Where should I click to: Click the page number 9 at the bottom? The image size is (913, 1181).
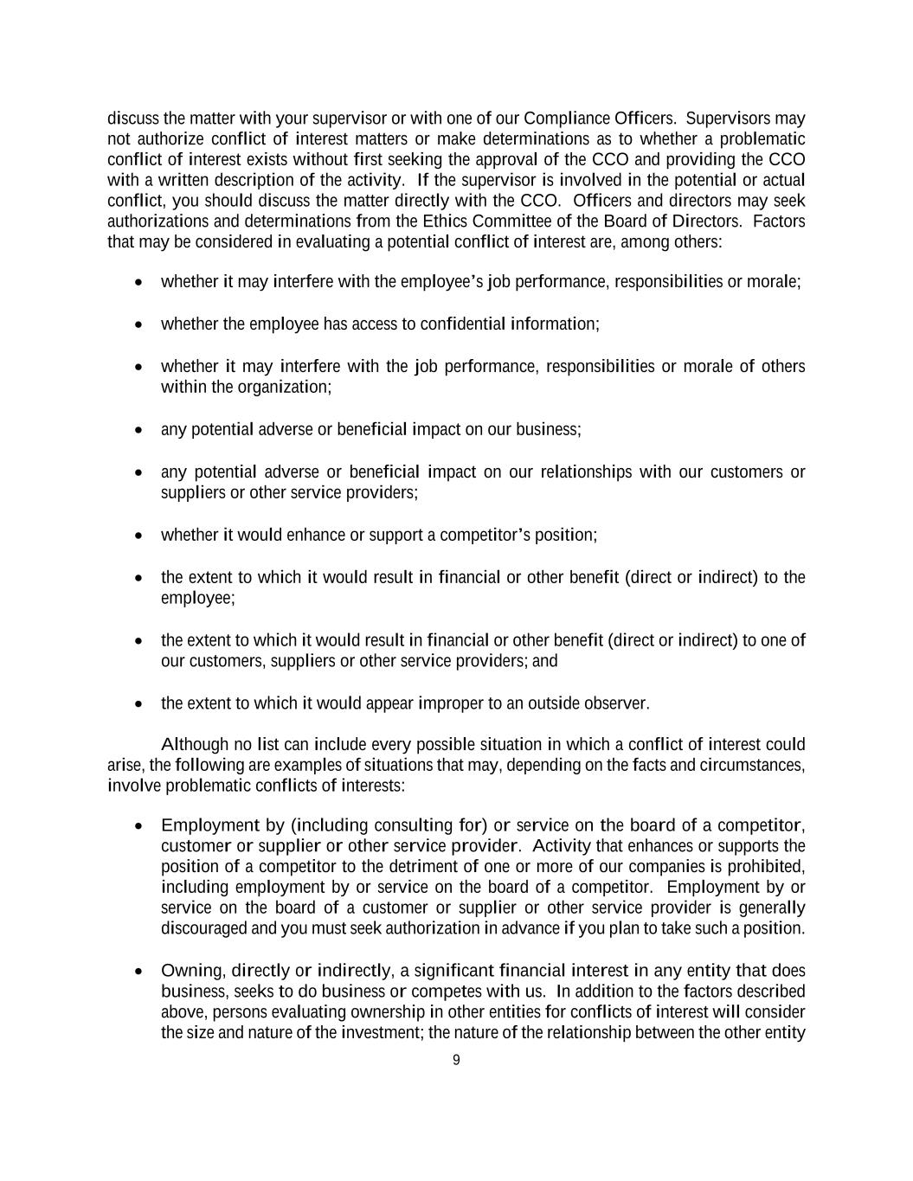click(456, 1061)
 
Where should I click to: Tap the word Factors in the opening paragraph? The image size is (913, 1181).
click(779, 221)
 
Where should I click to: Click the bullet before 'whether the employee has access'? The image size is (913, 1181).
click(139, 324)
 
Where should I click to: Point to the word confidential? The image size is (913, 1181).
click(462, 324)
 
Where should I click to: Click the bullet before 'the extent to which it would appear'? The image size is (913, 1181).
click(139, 703)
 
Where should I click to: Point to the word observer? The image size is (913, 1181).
click(616, 703)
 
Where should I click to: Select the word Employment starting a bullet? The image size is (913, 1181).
click(210, 825)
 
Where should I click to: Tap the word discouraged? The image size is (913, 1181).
click(203, 929)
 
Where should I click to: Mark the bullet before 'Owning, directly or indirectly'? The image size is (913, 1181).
click(139, 972)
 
